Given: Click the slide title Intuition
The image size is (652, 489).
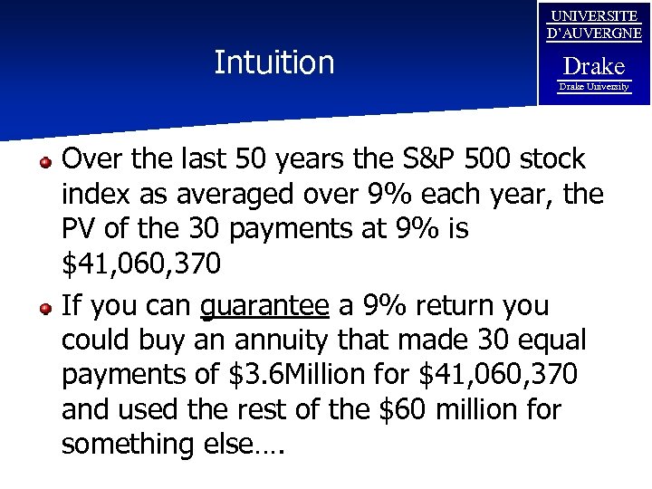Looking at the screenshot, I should pos(273,62).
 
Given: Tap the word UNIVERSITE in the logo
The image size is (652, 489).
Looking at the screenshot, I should pos(594,16).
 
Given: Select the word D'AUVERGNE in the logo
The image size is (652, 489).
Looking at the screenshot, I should pos(594,34).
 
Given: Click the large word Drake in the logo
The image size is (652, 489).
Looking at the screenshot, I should pos(594,66).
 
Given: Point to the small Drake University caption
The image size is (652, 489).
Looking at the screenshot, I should pos(594,86).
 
